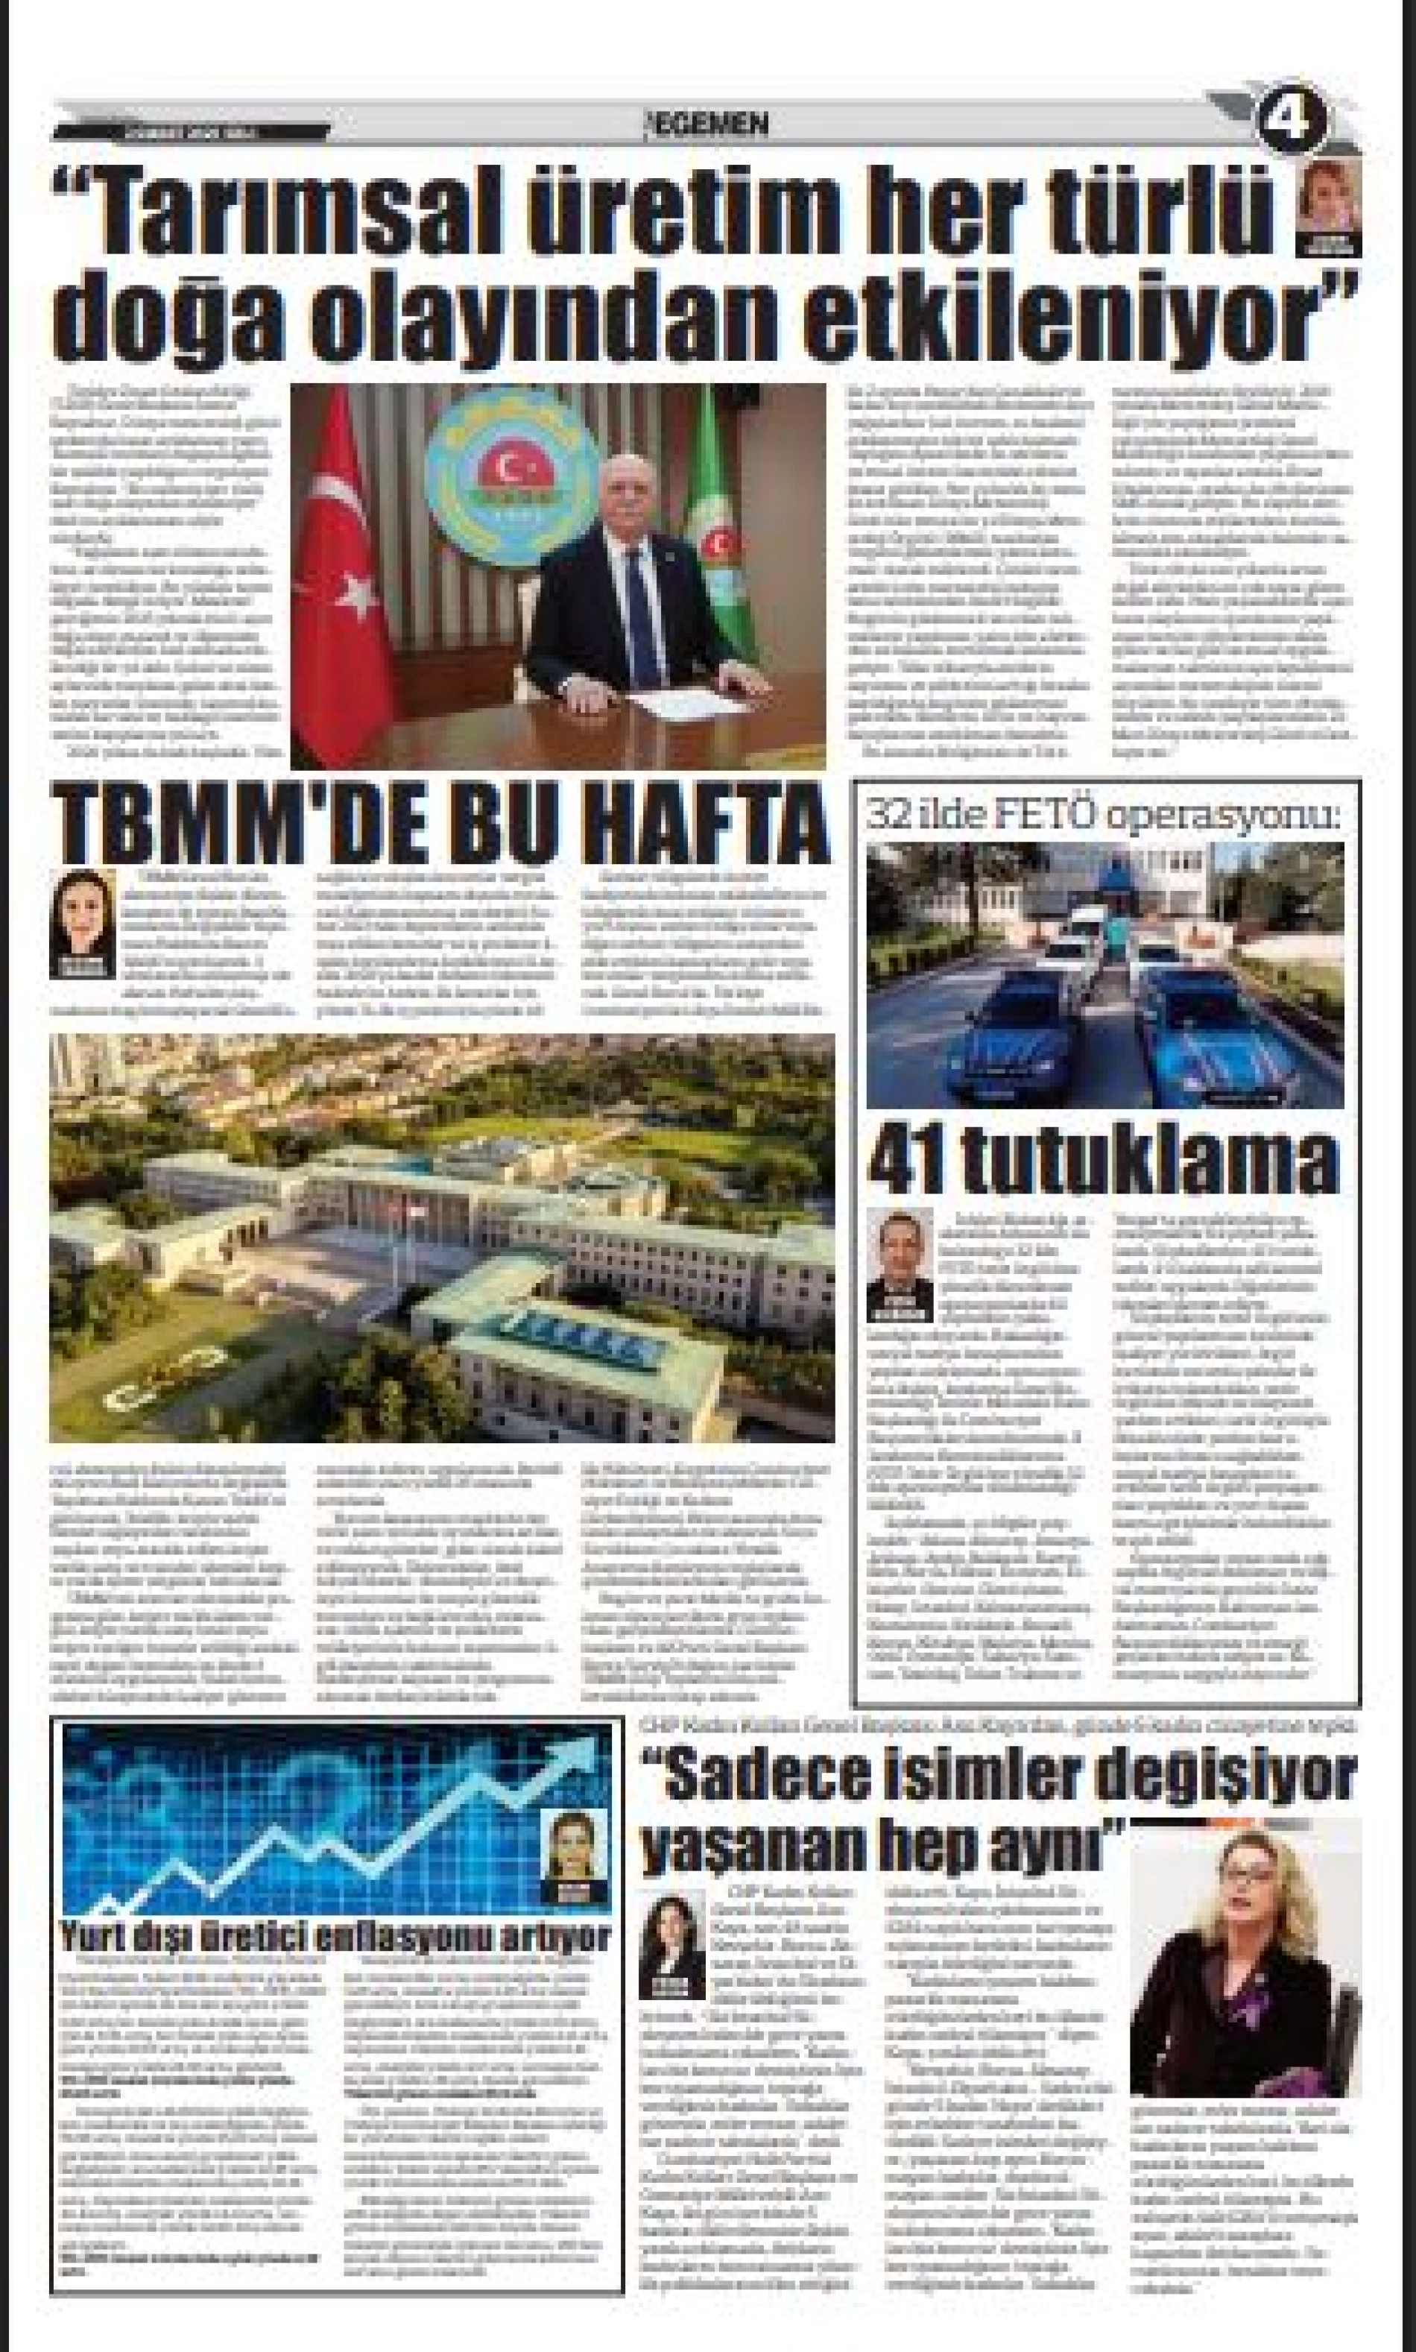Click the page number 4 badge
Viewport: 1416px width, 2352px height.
[1293, 119]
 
